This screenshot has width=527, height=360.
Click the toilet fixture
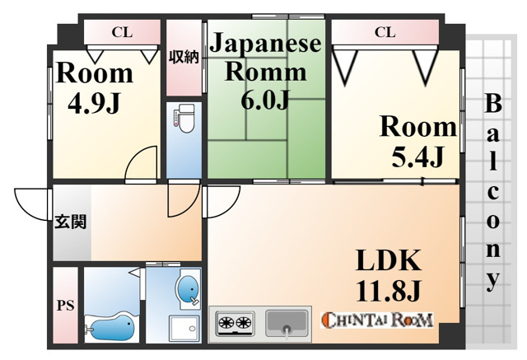[x=184, y=119]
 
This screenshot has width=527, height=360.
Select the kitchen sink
[x=287, y=323]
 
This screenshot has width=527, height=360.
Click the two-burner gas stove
[x=235, y=323]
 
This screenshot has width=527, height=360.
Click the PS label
[x=65, y=306]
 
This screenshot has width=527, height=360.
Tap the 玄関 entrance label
[x=71, y=222]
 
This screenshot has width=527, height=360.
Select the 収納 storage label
[x=184, y=57]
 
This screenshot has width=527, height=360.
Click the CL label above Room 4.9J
[x=122, y=32]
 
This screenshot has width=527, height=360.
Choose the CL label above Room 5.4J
[x=385, y=32]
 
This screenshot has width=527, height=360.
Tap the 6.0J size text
[x=265, y=99]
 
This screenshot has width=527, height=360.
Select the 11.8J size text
[x=388, y=291]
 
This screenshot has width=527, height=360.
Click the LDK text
[x=388, y=259]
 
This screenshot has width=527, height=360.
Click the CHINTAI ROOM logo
[x=377, y=320]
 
